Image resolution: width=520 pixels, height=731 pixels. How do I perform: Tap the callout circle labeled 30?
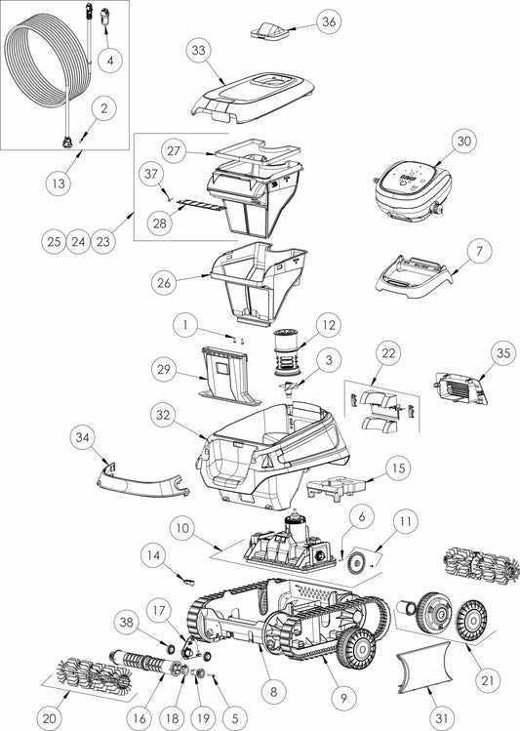462,141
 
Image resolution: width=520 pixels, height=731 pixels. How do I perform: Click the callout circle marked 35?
501,351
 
